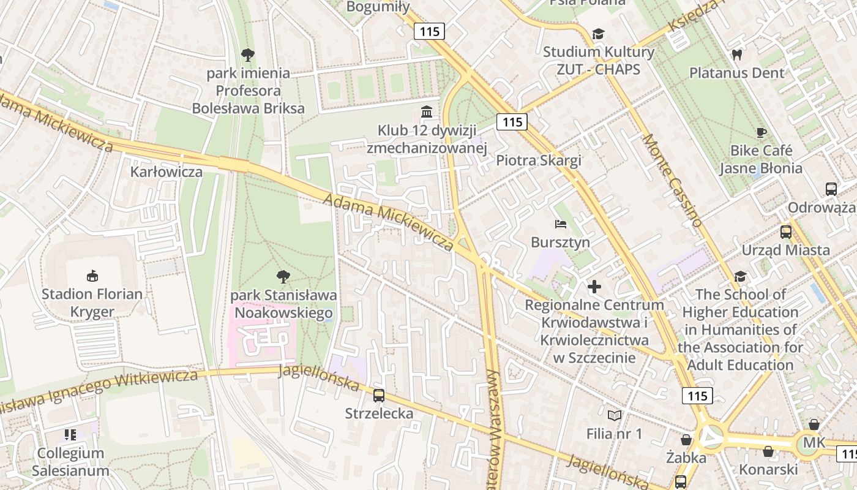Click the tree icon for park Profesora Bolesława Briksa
[x=248, y=55]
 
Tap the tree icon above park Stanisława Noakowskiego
[x=283, y=277]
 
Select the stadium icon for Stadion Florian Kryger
[x=92, y=276]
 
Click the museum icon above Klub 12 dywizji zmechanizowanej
[x=426, y=112]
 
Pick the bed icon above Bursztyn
[x=561, y=224]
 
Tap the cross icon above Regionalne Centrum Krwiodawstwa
[x=594, y=286]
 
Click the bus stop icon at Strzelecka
[x=379, y=396]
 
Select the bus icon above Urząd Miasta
[x=786, y=232]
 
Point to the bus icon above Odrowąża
[x=831, y=189]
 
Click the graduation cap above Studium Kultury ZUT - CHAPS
[x=597, y=34]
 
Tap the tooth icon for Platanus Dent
[x=736, y=55]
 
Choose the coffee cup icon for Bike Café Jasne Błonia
[x=761, y=132]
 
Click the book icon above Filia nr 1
[x=614, y=415]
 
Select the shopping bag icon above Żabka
[x=686, y=439]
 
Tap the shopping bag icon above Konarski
[x=768, y=451]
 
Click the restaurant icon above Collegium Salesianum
[x=70, y=435]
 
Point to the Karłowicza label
[x=166, y=171]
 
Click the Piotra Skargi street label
[x=539, y=160]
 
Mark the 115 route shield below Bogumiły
[x=429, y=31]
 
